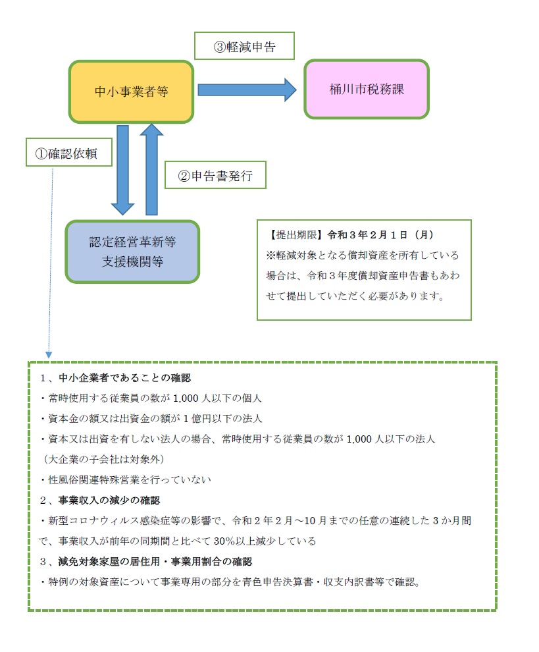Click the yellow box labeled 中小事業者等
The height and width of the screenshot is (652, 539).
tap(131, 92)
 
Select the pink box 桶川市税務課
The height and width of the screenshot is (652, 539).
tap(367, 90)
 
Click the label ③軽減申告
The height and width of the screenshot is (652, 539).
tap(244, 47)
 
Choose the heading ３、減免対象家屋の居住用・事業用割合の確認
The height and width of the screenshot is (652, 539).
tap(145, 562)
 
